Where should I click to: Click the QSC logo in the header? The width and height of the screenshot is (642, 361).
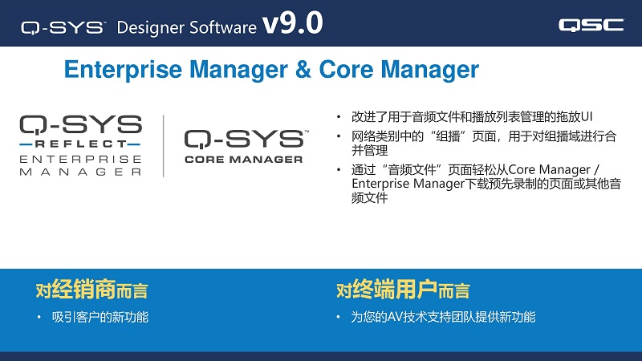pos(591,25)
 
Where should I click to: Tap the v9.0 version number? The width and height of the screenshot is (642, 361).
pos(293,23)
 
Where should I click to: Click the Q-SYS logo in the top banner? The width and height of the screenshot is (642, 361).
pos(63,28)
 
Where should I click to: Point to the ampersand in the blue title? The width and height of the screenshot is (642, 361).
pos(303,69)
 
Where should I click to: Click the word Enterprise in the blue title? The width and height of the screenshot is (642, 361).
pos(123,70)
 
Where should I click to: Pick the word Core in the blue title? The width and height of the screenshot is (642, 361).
pos(346,69)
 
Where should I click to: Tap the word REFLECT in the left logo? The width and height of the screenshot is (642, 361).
pos(81,144)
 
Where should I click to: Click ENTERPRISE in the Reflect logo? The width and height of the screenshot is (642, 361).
pos(81,159)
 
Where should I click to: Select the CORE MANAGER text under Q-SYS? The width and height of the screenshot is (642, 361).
pos(244,159)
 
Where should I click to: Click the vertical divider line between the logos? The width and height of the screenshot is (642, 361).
pos(164,146)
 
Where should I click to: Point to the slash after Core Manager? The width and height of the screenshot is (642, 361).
pos(597,169)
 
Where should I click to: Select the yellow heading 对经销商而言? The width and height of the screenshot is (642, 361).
pos(91,290)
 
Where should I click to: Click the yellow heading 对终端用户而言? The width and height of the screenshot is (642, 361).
pos(403,290)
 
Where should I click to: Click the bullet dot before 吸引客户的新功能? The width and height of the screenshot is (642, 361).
pos(39,317)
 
